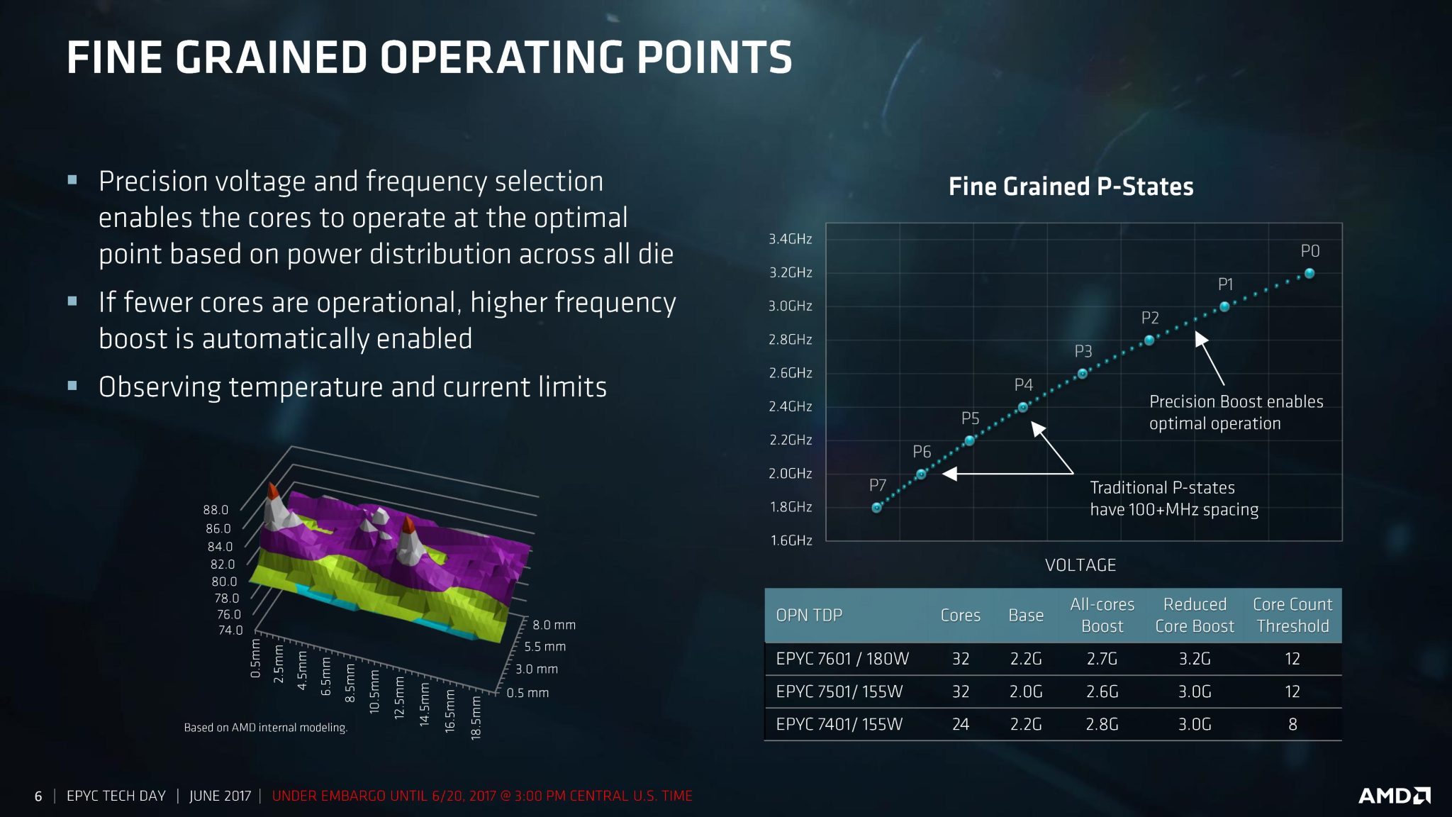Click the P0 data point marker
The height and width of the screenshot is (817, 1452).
[1309, 273]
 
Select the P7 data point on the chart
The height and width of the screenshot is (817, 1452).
[877, 508]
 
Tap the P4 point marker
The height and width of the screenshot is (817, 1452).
[1022, 407]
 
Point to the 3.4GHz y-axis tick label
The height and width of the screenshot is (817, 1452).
[791, 239]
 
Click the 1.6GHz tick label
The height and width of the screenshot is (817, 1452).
[791, 540]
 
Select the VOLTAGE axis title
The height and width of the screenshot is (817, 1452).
[1080, 565]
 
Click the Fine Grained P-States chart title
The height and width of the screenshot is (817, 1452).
[1071, 187]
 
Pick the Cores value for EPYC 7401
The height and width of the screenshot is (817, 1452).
[960, 724]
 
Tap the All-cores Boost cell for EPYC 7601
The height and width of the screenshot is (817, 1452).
[1102, 659]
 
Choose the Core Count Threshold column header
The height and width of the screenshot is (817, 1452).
[1292, 615]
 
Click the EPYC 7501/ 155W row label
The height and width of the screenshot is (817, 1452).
[839, 691]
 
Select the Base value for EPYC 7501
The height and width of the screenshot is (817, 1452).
[1025, 691]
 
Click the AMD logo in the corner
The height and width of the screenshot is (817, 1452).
[1394, 796]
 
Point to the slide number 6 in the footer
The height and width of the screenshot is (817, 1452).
[38, 796]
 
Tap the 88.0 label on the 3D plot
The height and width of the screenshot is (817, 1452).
[216, 510]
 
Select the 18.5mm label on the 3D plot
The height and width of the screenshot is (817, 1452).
[476, 718]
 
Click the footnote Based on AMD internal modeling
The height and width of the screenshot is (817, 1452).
[265, 728]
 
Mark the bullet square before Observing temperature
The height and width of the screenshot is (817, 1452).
[72, 387]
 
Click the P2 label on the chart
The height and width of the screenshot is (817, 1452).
[1150, 318]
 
